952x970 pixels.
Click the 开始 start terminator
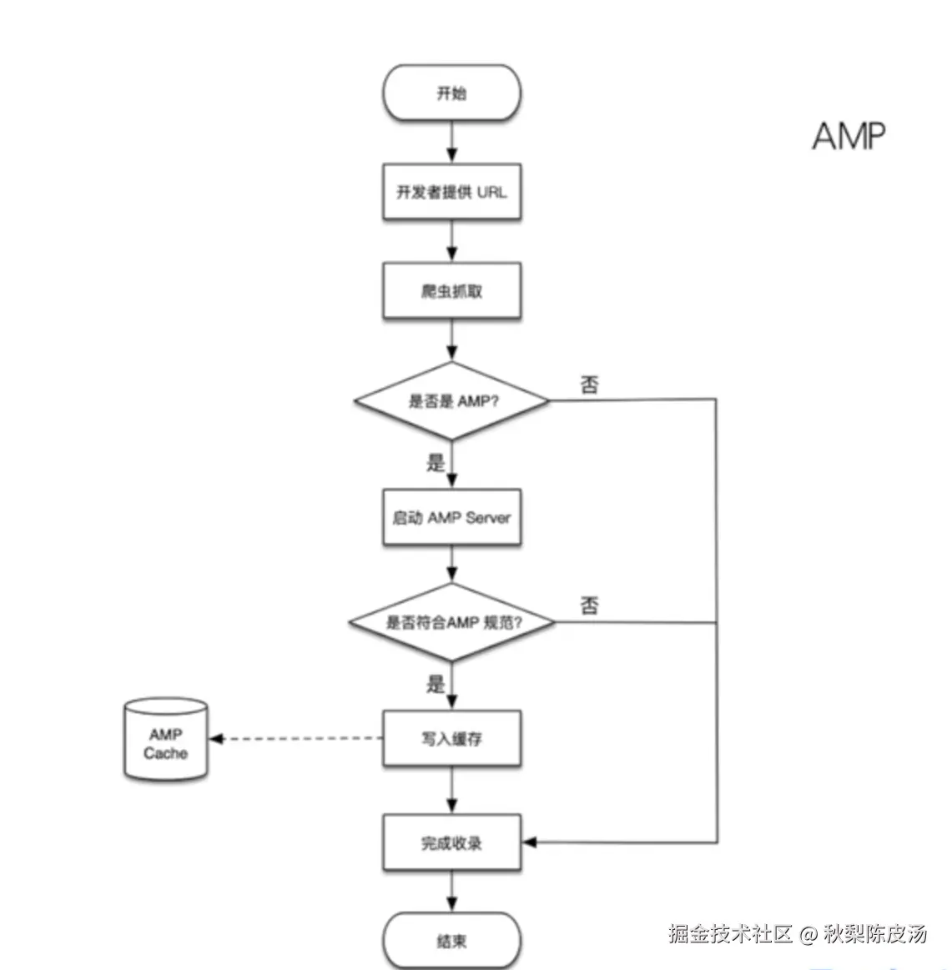pos(451,93)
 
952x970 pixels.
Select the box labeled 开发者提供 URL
pos(451,192)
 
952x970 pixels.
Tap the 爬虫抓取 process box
pos(451,291)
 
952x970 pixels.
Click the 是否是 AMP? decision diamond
pos(451,401)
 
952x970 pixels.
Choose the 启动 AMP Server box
pos(451,517)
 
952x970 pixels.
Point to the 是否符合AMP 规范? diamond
pos(451,622)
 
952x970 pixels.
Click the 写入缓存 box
pos(451,738)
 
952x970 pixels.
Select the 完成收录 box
pos(451,843)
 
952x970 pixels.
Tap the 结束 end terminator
pos(451,941)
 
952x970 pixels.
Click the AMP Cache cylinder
pos(165,741)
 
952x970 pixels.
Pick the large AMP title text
pos(849,136)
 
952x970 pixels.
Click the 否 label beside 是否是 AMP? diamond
pos(589,384)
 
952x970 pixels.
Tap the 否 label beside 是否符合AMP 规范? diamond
pos(589,606)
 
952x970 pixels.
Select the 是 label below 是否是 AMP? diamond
pos(436,463)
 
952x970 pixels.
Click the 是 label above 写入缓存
pos(436,685)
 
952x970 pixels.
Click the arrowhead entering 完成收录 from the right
pos(529,842)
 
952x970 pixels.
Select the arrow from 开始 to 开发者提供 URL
pos(451,142)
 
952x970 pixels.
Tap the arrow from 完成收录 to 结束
pos(451,892)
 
